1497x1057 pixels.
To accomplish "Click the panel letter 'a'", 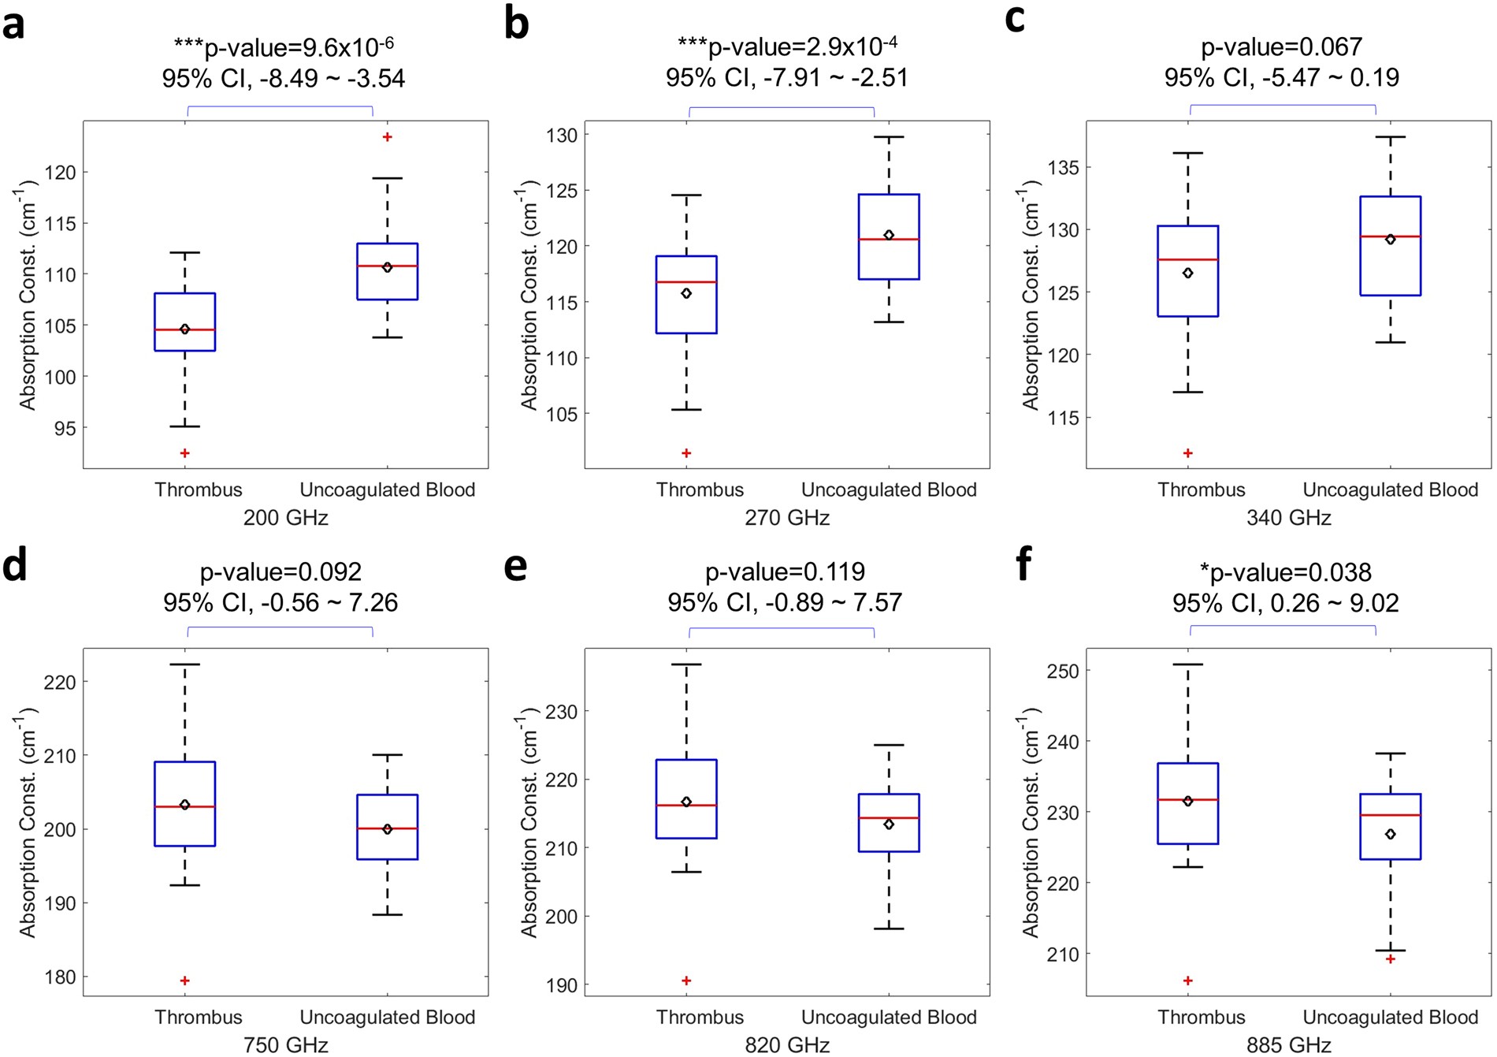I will [13, 24].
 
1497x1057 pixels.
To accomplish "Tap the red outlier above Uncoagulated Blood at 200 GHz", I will [387, 137].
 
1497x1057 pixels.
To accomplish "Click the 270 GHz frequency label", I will [786, 518].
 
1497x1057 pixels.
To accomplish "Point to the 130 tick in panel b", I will [562, 136].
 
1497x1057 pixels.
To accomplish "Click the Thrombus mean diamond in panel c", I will [1187, 274].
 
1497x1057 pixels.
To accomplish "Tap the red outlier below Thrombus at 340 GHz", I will [1187, 453].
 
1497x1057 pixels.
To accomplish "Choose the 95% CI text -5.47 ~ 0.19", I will [1281, 77].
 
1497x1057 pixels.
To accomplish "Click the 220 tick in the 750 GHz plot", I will [60, 682].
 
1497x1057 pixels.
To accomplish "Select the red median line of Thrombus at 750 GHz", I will [184, 807].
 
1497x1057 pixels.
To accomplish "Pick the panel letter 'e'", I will [515, 566].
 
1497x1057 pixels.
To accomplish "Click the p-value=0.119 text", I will [785, 571].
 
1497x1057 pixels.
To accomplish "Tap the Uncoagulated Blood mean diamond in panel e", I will [889, 824].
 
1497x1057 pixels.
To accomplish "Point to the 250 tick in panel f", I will [1064, 671].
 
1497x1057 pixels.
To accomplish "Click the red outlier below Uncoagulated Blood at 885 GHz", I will [1390, 959].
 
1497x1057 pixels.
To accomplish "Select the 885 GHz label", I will [1288, 1045].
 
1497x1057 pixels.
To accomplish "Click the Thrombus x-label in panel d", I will [198, 1018].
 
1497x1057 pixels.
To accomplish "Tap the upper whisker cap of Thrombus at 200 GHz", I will [184, 253].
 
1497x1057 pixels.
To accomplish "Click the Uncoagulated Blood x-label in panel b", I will [889, 489].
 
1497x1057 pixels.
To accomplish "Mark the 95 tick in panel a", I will [65, 428].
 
